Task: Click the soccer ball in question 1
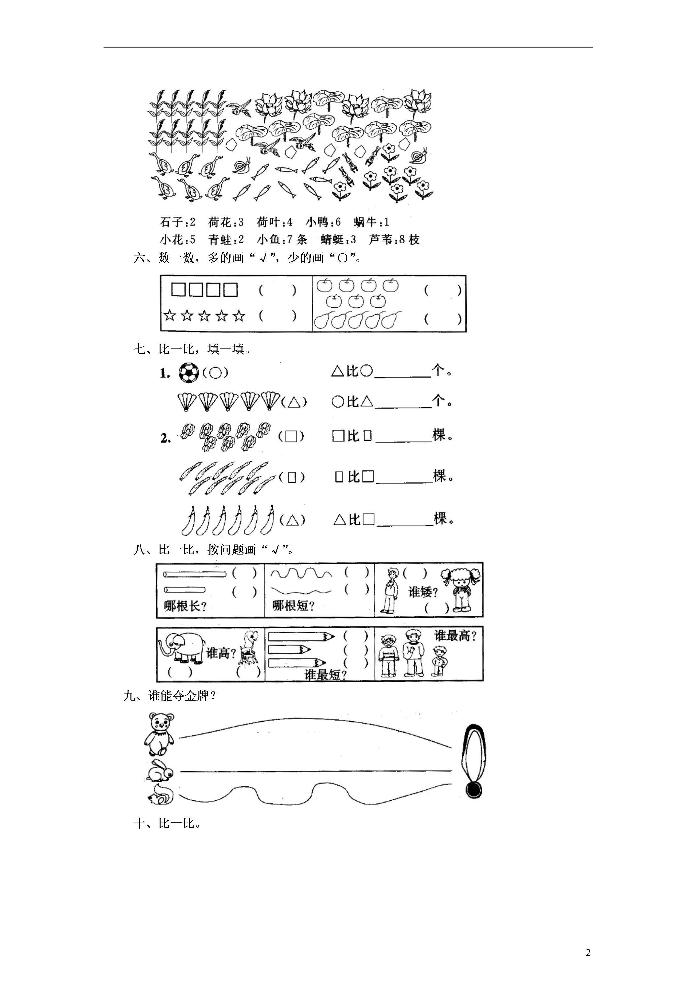[189, 372]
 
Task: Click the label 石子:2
[177, 222]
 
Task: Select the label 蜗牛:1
[371, 222]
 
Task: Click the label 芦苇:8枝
[394, 239]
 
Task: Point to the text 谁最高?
[455, 636]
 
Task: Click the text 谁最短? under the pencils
[325, 675]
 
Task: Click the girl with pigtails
[461, 588]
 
